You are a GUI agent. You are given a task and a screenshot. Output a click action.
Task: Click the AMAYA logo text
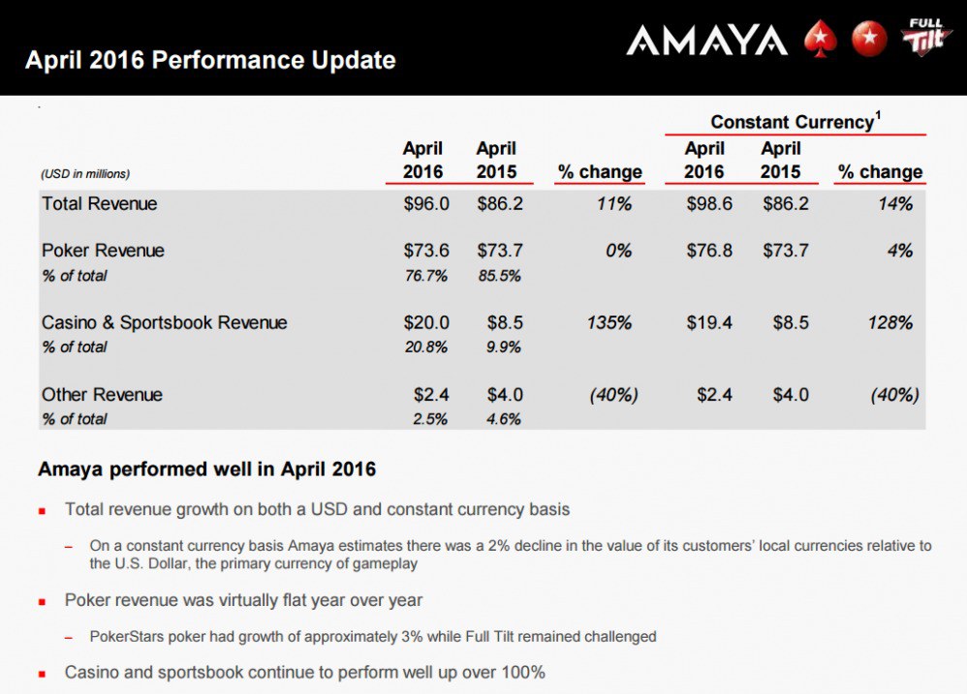[x=706, y=40]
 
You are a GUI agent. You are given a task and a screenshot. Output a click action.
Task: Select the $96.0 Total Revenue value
[x=426, y=204]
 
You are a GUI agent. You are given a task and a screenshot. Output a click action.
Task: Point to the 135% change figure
[x=609, y=322]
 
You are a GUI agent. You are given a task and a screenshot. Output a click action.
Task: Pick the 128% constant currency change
[x=890, y=322]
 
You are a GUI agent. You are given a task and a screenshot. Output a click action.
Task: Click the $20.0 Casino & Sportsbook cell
[x=426, y=322]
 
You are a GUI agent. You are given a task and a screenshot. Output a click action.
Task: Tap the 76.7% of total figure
[x=426, y=276]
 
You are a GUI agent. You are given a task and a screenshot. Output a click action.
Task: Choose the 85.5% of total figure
[x=500, y=276]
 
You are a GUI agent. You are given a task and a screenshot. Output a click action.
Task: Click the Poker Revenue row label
[x=103, y=251]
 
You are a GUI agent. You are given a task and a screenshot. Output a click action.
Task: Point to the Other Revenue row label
[x=102, y=395]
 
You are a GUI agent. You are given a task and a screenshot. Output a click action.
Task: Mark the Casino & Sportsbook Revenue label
[x=165, y=322]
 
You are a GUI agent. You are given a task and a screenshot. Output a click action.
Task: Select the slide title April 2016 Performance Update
[x=210, y=60]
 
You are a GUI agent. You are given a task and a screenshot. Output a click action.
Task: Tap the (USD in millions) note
[x=85, y=174]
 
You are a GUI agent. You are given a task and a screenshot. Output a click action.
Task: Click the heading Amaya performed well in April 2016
[x=206, y=469]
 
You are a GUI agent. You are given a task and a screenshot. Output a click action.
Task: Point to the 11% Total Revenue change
[x=616, y=204]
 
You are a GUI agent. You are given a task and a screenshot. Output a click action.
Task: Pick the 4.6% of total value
[x=504, y=419]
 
